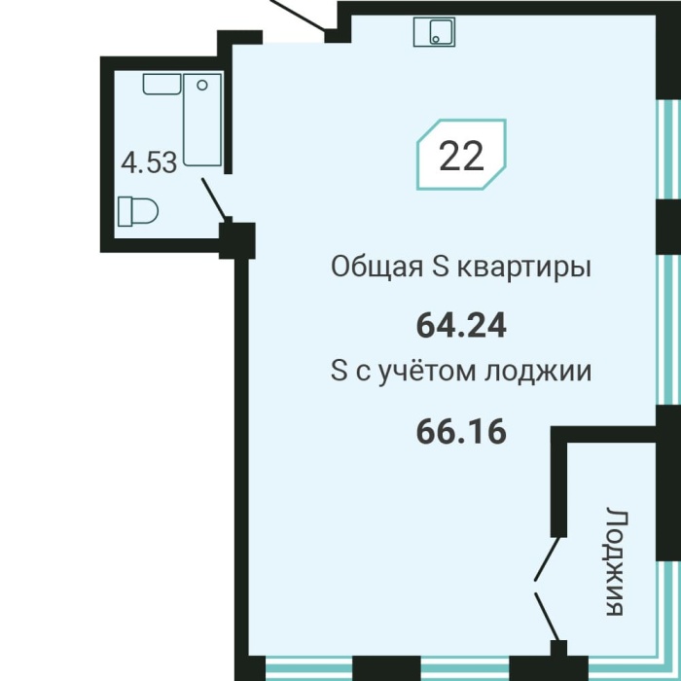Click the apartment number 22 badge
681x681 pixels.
461,155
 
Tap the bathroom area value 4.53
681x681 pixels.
148,161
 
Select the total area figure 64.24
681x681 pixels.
461,326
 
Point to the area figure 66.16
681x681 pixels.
461,431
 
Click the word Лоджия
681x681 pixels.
613,561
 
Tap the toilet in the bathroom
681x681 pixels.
137,210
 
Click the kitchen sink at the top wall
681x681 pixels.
434,31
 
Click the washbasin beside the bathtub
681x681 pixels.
162,85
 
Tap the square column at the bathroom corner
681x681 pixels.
236,239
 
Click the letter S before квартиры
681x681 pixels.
439,267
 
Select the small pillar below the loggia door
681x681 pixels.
558,649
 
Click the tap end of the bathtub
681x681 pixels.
202,87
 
